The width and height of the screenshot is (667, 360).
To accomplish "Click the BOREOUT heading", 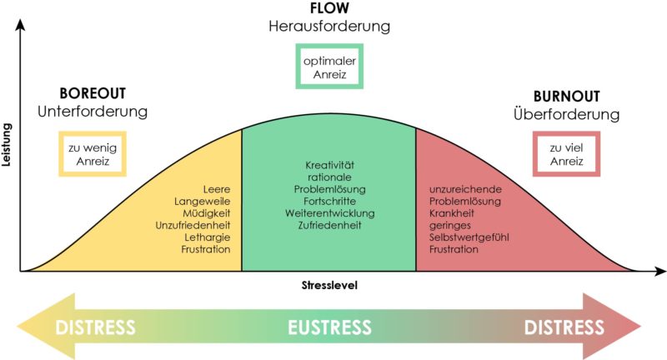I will pos(92,94).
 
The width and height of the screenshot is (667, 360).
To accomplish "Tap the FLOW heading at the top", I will pos(329,9).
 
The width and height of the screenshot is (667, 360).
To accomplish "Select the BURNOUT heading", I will pos(566,96).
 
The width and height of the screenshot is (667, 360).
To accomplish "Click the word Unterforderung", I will pos(92,112).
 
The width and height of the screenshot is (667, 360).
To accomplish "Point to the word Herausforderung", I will pos(329,27).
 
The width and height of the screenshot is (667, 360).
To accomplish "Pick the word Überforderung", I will pos(566,113).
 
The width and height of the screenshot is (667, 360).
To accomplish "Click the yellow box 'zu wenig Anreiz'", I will pos(92,153).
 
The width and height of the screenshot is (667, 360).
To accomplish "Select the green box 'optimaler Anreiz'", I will pos(329,67).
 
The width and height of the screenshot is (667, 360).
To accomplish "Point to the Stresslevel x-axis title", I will pos(329,285).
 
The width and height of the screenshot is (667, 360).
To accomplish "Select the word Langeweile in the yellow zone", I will pos(202,202).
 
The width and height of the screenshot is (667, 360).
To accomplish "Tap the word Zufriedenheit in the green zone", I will pos(328,225).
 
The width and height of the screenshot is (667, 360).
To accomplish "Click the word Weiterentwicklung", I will pos(328,213).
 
